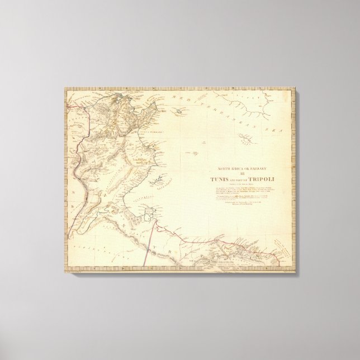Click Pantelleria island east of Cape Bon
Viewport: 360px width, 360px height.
pos(178,112)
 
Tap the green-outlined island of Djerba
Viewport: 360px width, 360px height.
pos(149,213)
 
